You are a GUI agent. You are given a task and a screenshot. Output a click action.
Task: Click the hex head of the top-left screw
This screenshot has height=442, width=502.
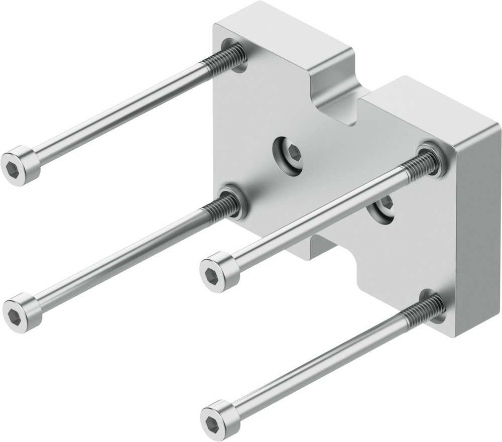[20, 165]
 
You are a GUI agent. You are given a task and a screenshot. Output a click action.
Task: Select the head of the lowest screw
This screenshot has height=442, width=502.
[220, 420]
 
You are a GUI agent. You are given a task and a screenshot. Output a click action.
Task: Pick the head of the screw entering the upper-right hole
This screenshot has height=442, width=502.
[219, 272]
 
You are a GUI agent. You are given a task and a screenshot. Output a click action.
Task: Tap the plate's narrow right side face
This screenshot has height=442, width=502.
[477, 231]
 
